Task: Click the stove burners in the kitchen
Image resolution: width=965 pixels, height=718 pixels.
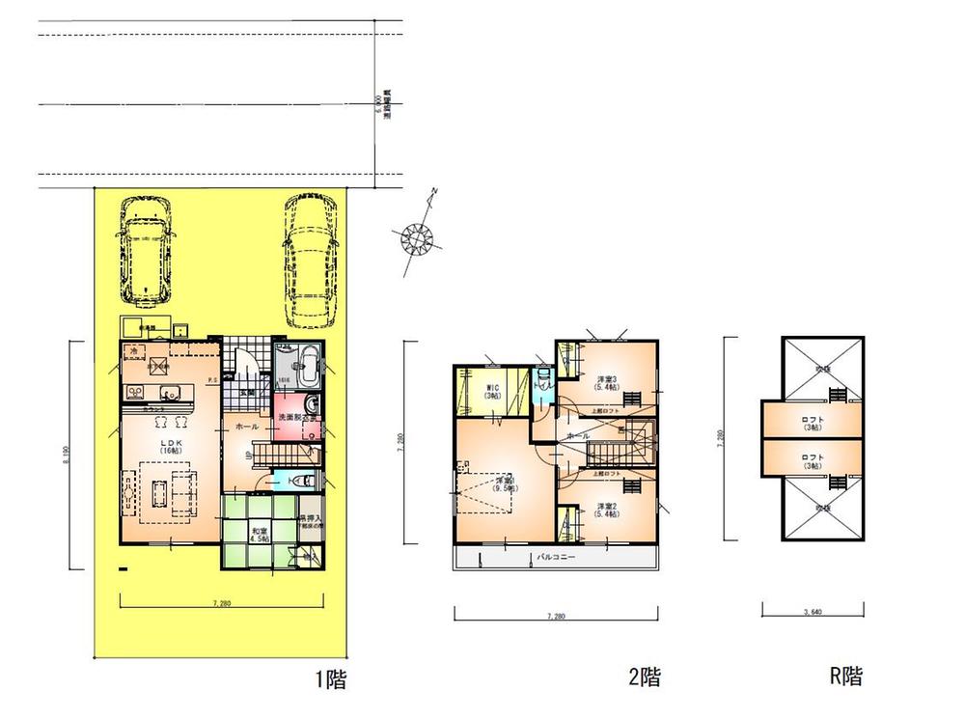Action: (x=135, y=391)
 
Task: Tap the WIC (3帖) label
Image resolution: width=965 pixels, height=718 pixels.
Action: (x=491, y=393)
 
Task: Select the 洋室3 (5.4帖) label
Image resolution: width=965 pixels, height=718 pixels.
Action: (x=607, y=381)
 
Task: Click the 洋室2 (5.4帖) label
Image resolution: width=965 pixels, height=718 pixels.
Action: (x=607, y=511)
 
